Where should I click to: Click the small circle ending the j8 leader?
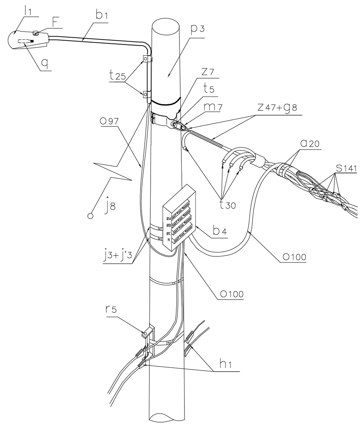tap(90, 215)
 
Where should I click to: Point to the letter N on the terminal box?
tap(169, 240)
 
